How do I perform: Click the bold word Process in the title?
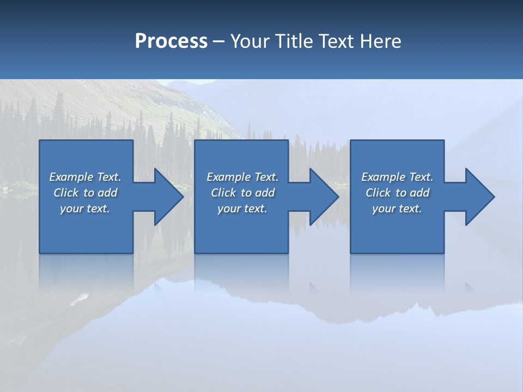click(171, 41)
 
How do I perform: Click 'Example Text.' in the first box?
click(85, 177)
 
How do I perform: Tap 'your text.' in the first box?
click(85, 209)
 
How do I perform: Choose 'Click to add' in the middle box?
click(242, 193)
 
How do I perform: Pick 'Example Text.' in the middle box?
click(242, 177)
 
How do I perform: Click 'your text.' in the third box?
click(397, 209)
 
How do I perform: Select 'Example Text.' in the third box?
click(397, 177)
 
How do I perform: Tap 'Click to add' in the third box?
click(397, 193)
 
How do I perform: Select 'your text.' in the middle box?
click(242, 209)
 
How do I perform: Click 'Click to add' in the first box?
click(85, 193)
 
